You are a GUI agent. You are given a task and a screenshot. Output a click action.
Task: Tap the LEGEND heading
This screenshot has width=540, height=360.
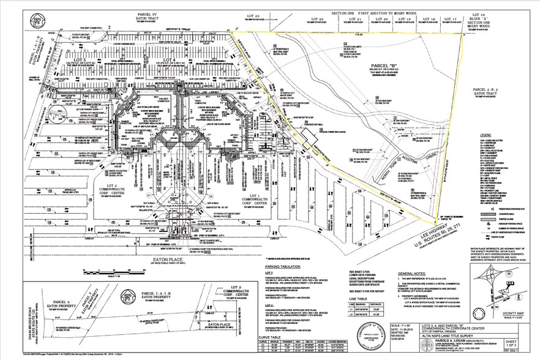point(489,133)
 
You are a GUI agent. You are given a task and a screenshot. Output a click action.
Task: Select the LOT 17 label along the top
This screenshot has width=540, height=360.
point(452,20)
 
